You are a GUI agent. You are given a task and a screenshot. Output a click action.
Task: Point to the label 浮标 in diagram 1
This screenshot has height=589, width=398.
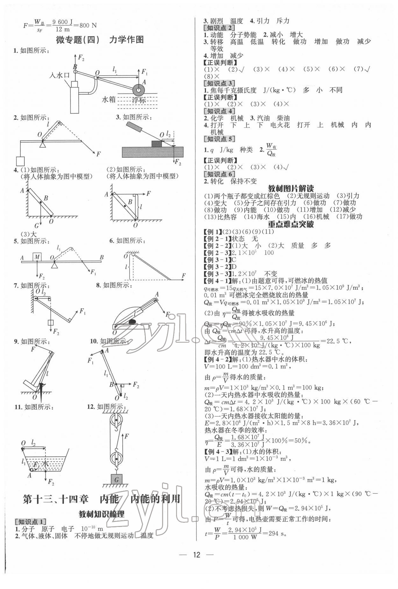[139, 100]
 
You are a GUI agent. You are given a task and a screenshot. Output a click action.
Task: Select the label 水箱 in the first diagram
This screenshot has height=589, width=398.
[109, 99]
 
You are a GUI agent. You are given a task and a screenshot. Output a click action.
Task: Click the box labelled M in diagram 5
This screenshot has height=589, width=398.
[37, 256]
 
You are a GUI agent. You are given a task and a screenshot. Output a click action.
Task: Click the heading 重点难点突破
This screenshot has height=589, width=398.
[291, 224]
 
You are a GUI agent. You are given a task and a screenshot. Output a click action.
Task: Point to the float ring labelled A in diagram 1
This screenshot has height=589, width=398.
[139, 89]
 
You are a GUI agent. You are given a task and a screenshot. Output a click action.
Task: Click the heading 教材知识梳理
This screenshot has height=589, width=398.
[102, 514]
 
